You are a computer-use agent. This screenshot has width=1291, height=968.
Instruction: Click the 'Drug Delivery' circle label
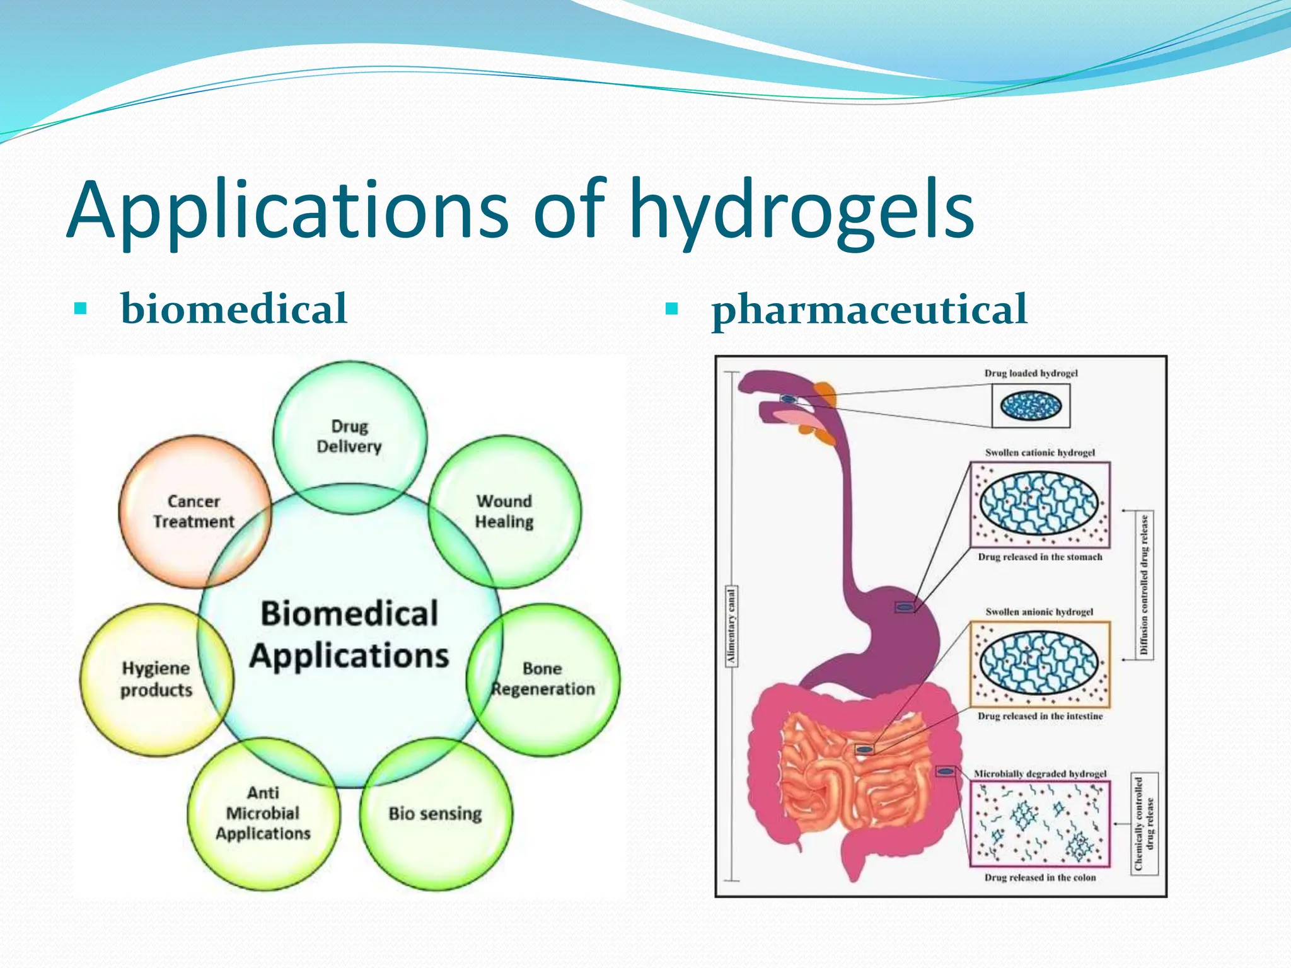(x=349, y=436)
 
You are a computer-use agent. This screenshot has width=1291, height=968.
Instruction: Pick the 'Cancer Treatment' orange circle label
(x=194, y=511)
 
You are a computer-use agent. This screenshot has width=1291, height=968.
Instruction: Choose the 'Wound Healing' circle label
(x=504, y=511)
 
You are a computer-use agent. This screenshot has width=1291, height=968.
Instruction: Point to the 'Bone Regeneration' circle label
(x=543, y=679)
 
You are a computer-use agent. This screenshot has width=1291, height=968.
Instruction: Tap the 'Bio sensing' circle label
(x=435, y=814)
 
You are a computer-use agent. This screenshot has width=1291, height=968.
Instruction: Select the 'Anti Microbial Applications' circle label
(x=263, y=813)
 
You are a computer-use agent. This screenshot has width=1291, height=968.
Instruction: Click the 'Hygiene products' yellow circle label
(x=156, y=679)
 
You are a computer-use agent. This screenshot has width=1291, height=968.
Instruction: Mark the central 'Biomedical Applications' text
(x=349, y=634)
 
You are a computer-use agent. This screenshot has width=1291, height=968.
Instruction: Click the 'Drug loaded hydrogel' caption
(x=1031, y=373)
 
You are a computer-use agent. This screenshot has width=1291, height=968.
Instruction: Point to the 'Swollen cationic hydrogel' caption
(x=1040, y=452)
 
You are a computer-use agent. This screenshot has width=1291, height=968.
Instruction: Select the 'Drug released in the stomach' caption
(x=1040, y=557)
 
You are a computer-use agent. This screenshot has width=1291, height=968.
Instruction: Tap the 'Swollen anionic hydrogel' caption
(x=1039, y=612)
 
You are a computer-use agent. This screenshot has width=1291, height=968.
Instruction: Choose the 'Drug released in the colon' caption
(x=1040, y=877)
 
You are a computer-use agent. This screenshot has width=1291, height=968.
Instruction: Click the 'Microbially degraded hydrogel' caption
(x=1040, y=774)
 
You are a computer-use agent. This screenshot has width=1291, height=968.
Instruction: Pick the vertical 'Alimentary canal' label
(x=731, y=626)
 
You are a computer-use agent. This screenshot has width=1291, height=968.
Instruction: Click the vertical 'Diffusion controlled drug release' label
(x=1144, y=585)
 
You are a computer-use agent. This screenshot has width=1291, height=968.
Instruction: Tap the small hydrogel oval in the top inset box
(x=1031, y=405)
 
